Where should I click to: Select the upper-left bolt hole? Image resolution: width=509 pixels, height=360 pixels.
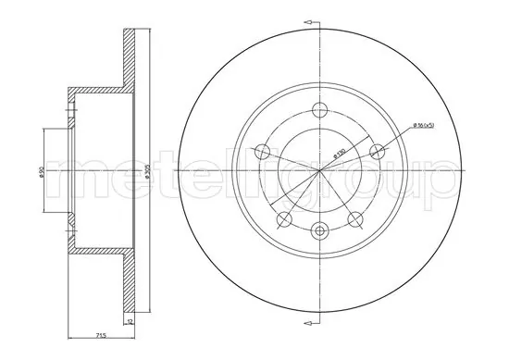pyautogui.click(x=261, y=152)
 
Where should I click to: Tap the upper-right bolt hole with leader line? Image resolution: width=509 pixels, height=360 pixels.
pyautogui.click(x=378, y=151)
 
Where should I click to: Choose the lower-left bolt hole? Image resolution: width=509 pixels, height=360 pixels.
pyautogui.click(x=284, y=219)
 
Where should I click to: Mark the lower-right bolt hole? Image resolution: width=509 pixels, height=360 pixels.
pyautogui.click(x=356, y=219)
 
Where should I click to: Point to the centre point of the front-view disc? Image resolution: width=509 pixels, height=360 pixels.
pyautogui.click(x=320, y=170)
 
